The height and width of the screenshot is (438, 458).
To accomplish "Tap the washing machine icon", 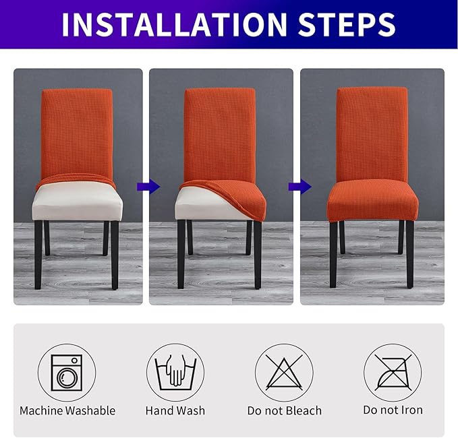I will click(x=67, y=373).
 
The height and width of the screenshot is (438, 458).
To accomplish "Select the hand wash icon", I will click(x=175, y=373).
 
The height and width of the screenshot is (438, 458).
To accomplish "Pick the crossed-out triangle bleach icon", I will click(x=284, y=373).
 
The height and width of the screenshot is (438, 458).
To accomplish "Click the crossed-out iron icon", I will click(x=393, y=373).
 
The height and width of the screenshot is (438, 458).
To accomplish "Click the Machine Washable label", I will click(x=67, y=410).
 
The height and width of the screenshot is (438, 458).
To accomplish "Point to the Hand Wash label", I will click(x=175, y=410).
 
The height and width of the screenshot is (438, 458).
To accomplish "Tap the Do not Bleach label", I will click(x=284, y=410).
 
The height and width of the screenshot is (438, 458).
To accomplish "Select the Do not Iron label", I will click(x=393, y=410).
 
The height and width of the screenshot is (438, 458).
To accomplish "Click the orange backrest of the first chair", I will click(x=77, y=131).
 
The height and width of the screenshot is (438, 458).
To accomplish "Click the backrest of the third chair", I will click(x=372, y=131).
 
